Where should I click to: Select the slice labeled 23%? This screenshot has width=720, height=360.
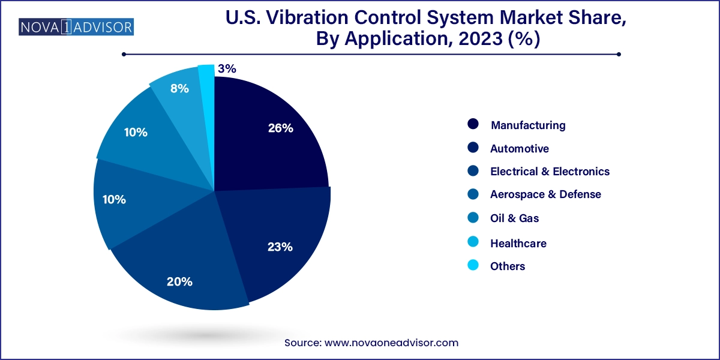tap(276, 240)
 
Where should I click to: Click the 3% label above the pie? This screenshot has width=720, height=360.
tap(227, 69)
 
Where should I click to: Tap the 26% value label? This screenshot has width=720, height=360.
tap(280, 128)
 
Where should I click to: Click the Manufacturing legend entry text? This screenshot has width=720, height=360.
tap(528, 125)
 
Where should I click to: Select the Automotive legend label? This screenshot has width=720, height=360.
tap(520, 148)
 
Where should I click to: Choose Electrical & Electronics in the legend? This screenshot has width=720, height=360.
tap(550, 172)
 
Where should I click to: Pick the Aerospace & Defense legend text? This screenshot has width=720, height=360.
tap(545, 194)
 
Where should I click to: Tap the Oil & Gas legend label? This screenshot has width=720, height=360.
tap(514, 218)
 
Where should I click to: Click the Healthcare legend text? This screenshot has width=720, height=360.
tap(518, 243)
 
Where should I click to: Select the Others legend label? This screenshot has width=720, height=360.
tap(508, 266)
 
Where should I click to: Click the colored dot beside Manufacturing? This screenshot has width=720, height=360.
tap(473, 125)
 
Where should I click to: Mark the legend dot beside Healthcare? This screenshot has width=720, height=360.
tap(473, 242)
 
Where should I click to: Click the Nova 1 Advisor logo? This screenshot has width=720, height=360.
tap(77, 27)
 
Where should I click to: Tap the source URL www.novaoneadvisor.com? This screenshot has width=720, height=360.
tap(391, 343)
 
